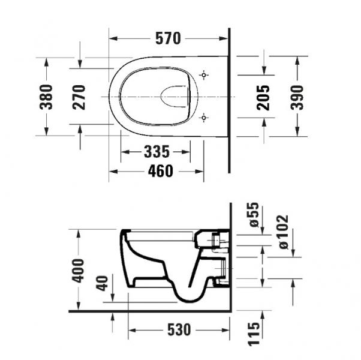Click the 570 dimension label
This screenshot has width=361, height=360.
pos(169,38)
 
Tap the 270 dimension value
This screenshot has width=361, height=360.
pos(80,97)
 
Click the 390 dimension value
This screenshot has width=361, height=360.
pos(297,97)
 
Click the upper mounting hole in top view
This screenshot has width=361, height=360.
pos(204,75)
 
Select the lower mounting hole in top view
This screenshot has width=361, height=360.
pos(204,118)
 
